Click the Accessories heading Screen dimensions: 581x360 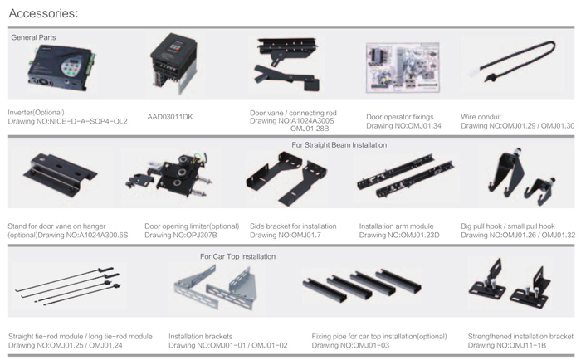(x=43, y=13)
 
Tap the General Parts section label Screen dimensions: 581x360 (x=33, y=37)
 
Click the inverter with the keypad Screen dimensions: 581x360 (x=61, y=69)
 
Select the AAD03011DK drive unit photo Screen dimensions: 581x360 (x=173, y=63)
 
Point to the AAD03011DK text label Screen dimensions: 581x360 (x=170, y=117)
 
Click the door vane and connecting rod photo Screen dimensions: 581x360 (x=287, y=64)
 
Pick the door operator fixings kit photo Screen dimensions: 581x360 (x=403, y=67)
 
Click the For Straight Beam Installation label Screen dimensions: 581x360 (x=339, y=145)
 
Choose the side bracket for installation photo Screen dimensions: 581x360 (x=286, y=178)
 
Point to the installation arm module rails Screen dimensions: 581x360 (x=405, y=176)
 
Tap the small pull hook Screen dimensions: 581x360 (x=540, y=190)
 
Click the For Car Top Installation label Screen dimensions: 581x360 (x=237, y=256)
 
